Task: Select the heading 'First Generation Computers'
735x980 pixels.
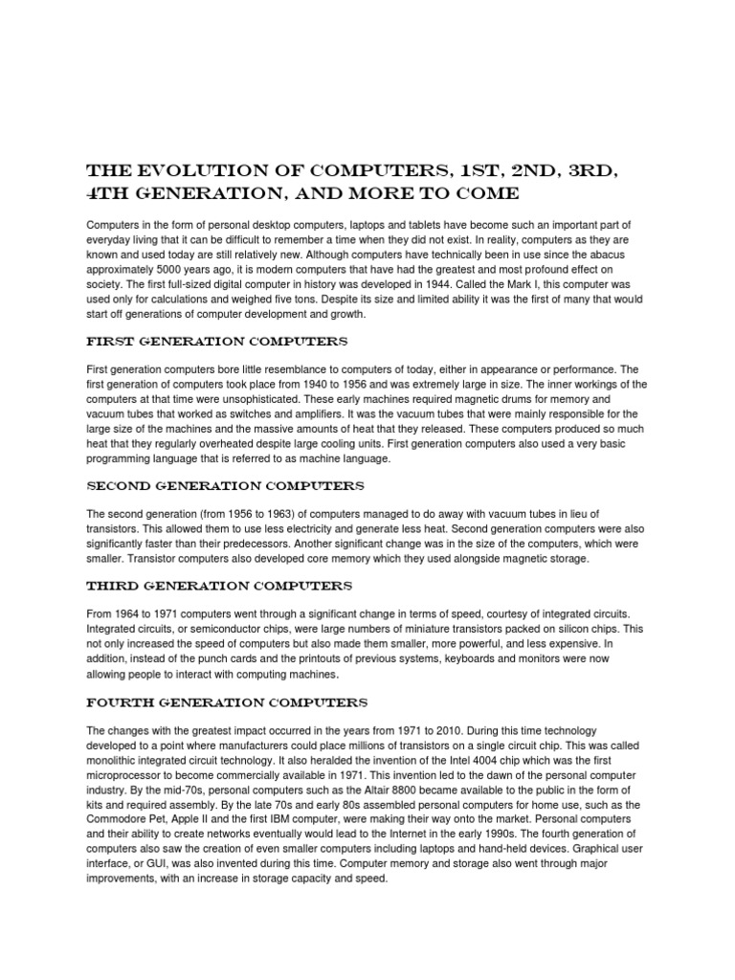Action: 217,342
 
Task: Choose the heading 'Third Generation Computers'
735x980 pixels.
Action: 219,585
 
